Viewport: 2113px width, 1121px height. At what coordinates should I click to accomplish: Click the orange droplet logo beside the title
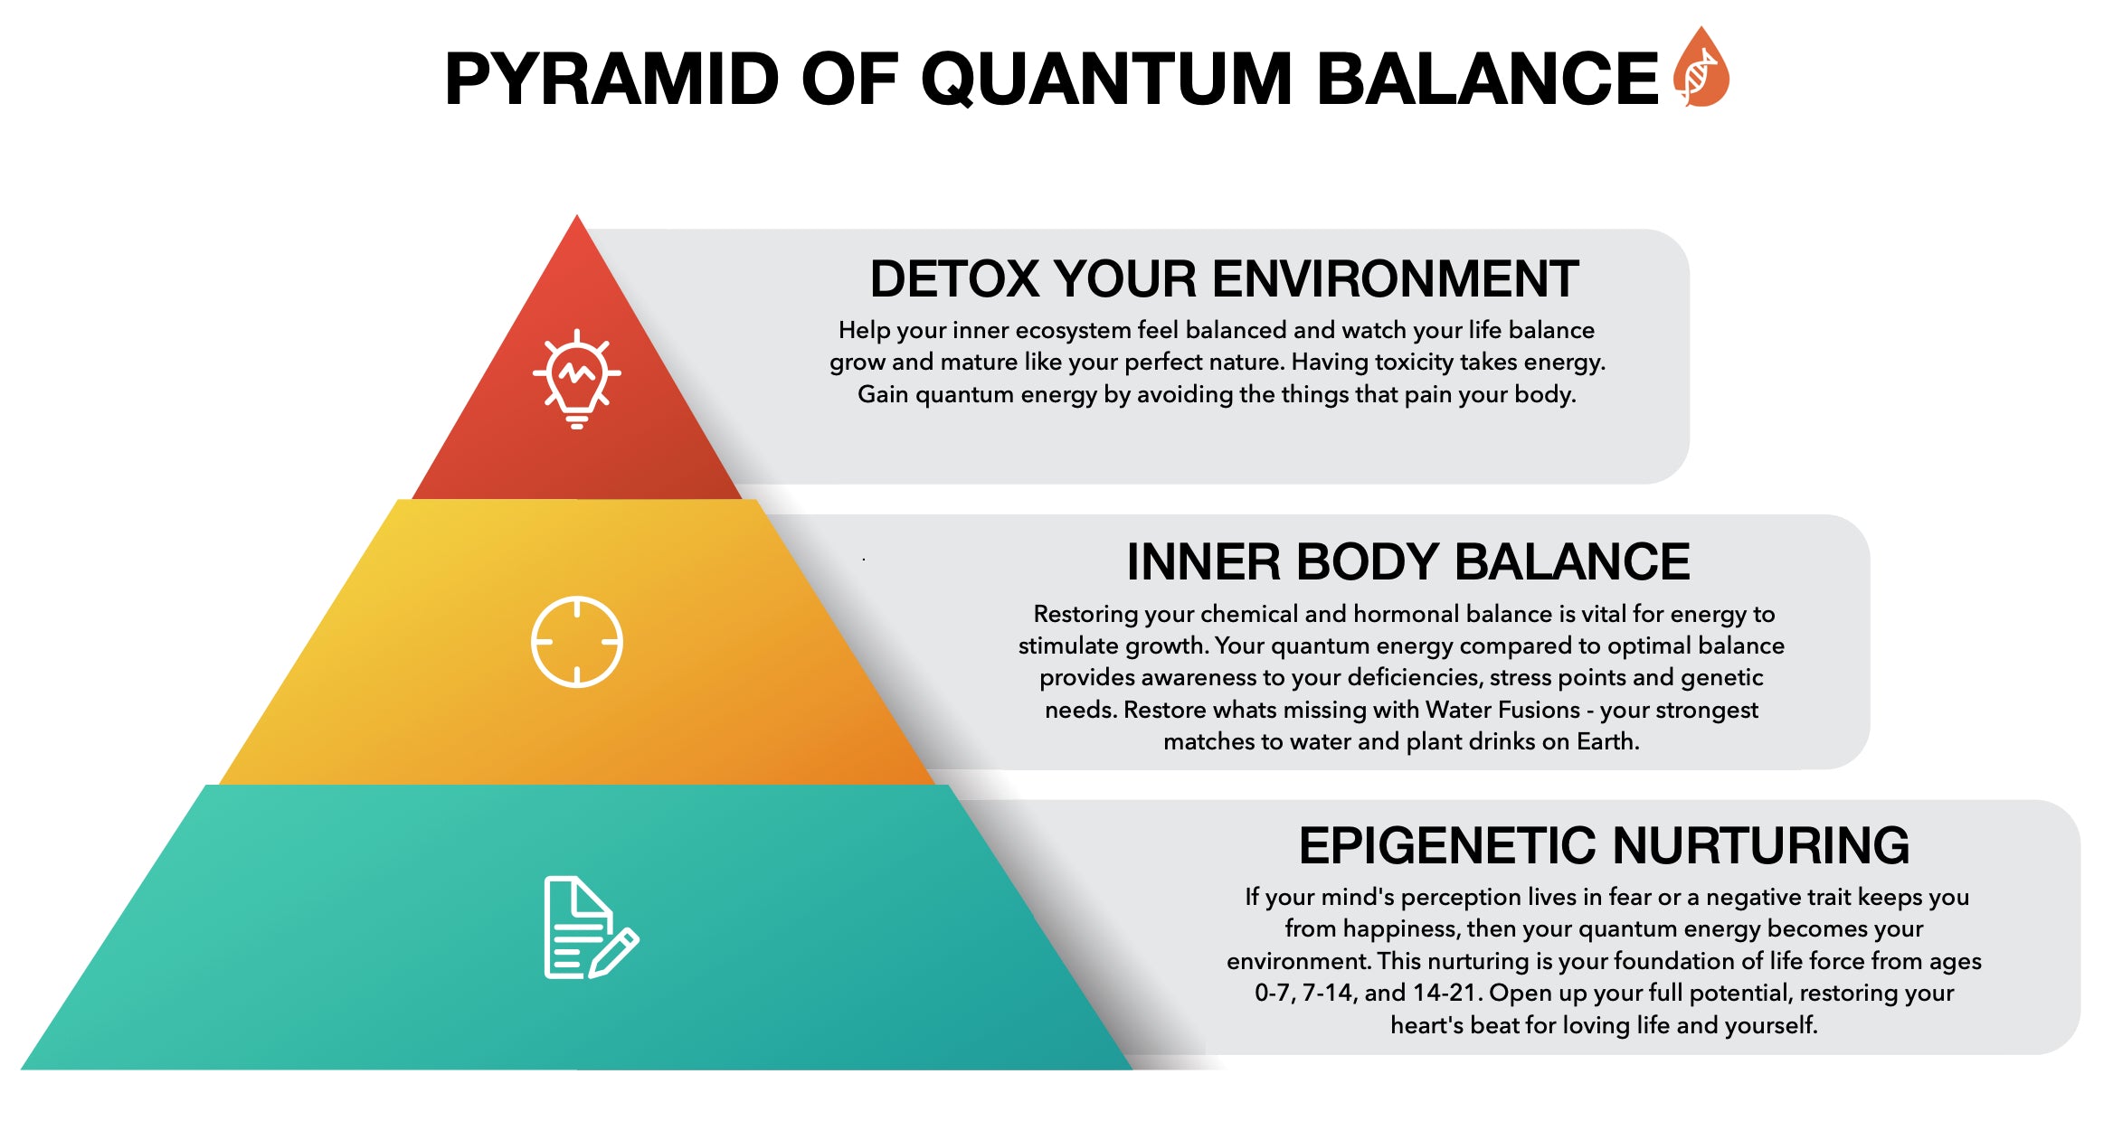tap(1701, 69)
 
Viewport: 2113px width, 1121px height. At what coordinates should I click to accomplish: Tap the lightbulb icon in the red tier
tap(577, 378)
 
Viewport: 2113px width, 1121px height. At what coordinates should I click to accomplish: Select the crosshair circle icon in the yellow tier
tap(577, 642)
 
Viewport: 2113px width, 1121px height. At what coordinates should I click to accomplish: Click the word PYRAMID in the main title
tap(611, 80)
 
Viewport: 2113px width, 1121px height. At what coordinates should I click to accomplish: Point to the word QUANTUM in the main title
tap(1106, 80)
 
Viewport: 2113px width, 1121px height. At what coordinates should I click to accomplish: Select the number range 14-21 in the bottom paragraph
tap(1443, 993)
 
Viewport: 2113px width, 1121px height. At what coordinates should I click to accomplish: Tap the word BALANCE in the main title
tap(1487, 80)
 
